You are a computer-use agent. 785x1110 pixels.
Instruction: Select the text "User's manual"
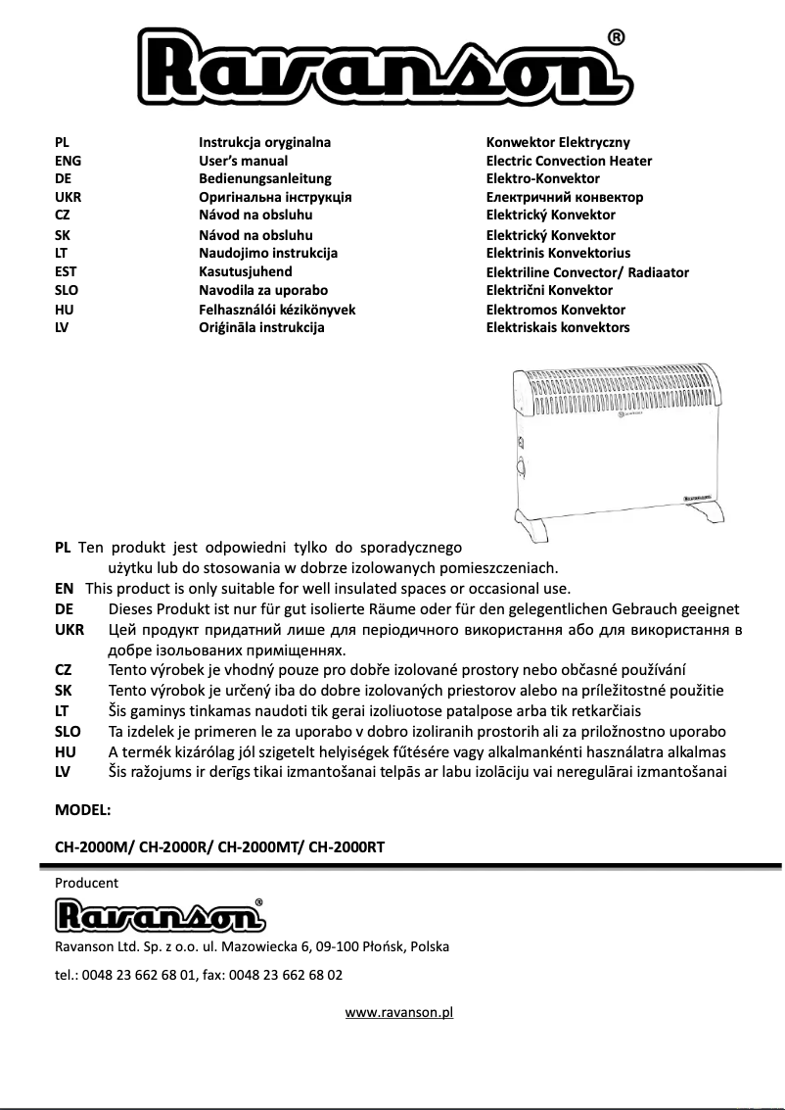(x=244, y=161)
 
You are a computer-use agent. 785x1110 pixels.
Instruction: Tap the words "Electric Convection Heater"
(x=569, y=161)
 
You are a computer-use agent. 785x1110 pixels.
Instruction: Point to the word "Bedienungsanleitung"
(x=265, y=178)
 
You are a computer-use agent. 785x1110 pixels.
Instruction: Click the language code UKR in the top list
(x=69, y=197)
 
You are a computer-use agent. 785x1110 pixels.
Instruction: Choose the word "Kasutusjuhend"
(x=246, y=271)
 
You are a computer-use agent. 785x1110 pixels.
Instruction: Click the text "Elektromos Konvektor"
(x=555, y=310)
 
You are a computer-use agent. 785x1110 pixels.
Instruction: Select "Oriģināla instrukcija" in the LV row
(x=261, y=327)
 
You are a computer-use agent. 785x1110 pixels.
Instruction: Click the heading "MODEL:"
(x=83, y=810)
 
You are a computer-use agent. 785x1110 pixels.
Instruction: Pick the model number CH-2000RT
(x=346, y=848)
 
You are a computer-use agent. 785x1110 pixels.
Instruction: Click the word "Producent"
(x=86, y=883)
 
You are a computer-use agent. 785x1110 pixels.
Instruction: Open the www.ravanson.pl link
(x=399, y=1012)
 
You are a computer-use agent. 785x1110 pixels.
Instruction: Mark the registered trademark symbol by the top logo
(x=617, y=37)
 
